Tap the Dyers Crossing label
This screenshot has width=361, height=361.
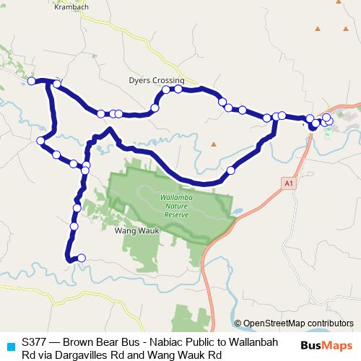(x=157, y=80)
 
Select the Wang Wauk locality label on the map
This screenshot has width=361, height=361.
(x=131, y=232)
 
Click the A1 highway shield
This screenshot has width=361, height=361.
(x=289, y=184)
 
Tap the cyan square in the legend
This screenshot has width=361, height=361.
(x=10, y=347)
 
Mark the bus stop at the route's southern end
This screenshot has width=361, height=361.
(x=81, y=258)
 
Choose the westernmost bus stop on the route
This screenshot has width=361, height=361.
(x=32, y=80)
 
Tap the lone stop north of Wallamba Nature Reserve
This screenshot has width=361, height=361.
(x=231, y=171)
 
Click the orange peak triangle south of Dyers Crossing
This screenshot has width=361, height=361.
(x=213, y=144)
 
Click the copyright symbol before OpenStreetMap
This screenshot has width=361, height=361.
(x=238, y=323)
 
